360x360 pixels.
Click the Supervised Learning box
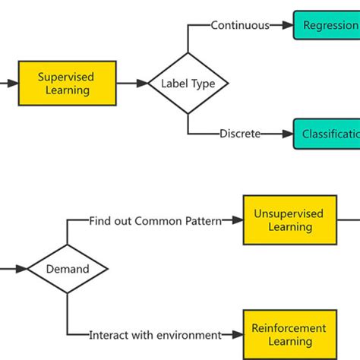pos(67,83)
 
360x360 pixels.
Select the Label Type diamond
pos(188,83)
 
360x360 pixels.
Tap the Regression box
pos(327,25)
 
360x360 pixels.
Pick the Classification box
pos(327,134)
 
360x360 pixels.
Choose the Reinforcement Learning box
pos(289,334)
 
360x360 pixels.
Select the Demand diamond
pos(68,268)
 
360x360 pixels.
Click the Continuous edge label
pos(240,25)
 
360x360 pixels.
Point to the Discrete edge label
pos(240,134)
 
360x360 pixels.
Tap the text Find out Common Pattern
pos(155,221)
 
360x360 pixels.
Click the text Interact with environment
pos(155,334)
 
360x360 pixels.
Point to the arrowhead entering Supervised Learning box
pos(11,83)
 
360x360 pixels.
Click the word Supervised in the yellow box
pos(67,76)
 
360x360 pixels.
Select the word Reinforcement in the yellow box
pos(289,328)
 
